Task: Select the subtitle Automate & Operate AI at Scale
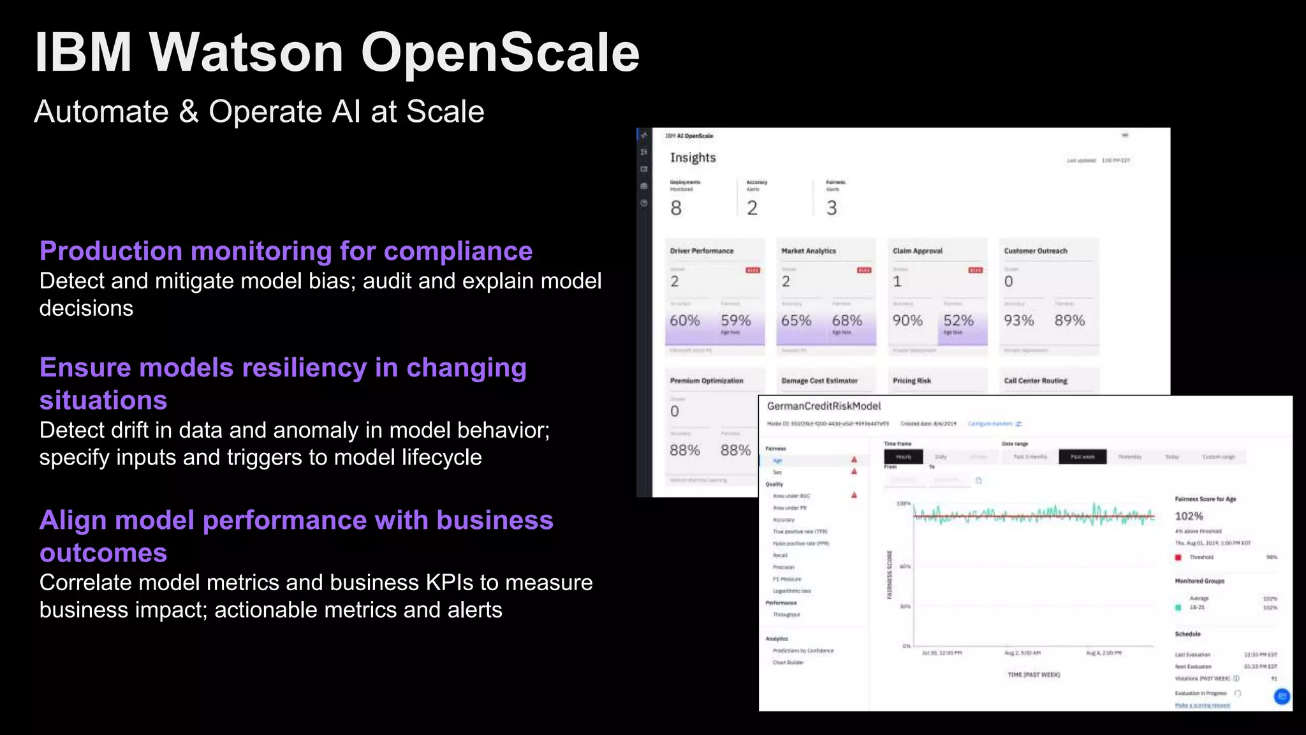tap(259, 112)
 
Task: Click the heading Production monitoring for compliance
tap(286, 251)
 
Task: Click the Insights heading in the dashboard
tap(693, 158)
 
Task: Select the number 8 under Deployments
tap(676, 208)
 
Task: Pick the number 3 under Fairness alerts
tap(832, 208)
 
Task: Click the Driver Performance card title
tap(701, 251)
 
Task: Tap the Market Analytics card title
tap(809, 251)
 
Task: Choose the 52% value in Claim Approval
tap(958, 320)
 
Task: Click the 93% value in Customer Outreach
tap(1018, 320)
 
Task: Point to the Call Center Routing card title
tap(1036, 381)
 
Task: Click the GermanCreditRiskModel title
tap(824, 406)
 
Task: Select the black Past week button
tap(1082, 457)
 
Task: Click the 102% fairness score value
tap(1189, 516)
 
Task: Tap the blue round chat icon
tap(1282, 696)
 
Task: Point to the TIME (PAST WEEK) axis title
tap(1033, 675)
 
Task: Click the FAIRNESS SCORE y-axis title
tap(890, 575)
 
